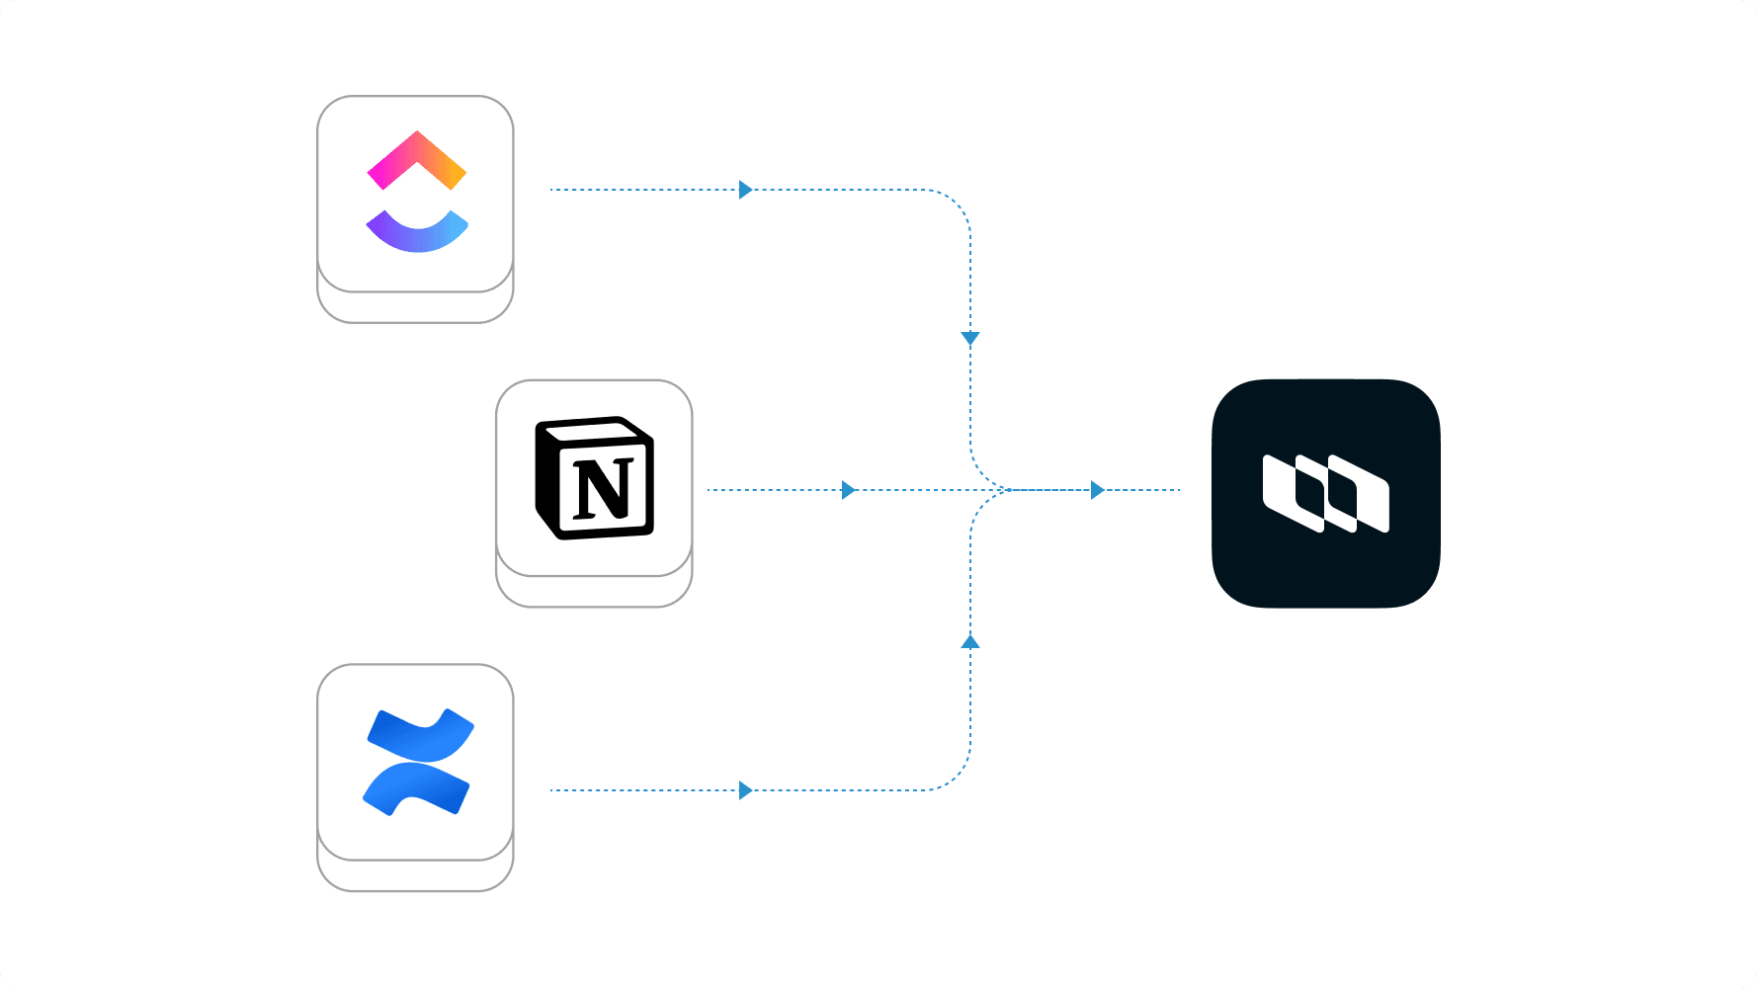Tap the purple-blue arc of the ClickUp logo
[x=416, y=237]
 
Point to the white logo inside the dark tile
[x=1325, y=493]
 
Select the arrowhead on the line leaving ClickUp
[x=745, y=190]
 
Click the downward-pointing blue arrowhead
[x=970, y=338]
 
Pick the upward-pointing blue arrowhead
[x=970, y=642]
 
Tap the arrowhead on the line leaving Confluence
[x=745, y=790]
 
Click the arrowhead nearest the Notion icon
[x=848, y=490]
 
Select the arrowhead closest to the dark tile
[x=1097, y=490]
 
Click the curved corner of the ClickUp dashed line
[x=954, y=206]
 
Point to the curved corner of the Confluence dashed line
[x=954, y=775]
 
